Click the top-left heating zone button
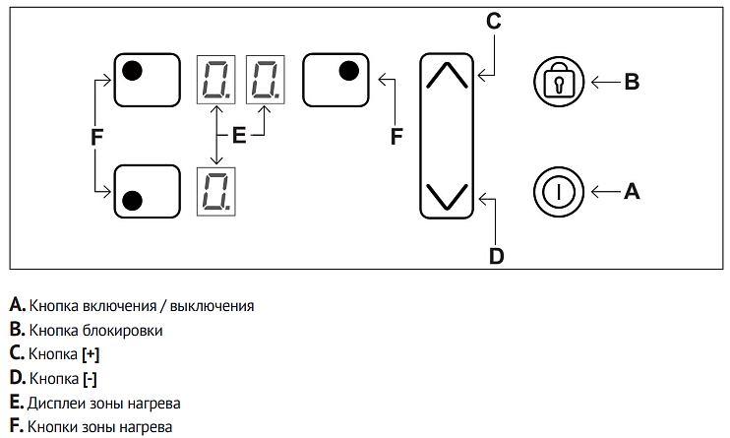148,79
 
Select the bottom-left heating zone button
148,191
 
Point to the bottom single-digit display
215,191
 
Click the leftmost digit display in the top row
215,79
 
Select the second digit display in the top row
264,79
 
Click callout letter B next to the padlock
632,82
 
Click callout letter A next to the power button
632,192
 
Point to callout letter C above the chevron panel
494,20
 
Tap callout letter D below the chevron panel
497,257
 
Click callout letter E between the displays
239,137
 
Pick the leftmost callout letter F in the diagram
96,139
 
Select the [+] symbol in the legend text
91,354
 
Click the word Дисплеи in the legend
59,404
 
